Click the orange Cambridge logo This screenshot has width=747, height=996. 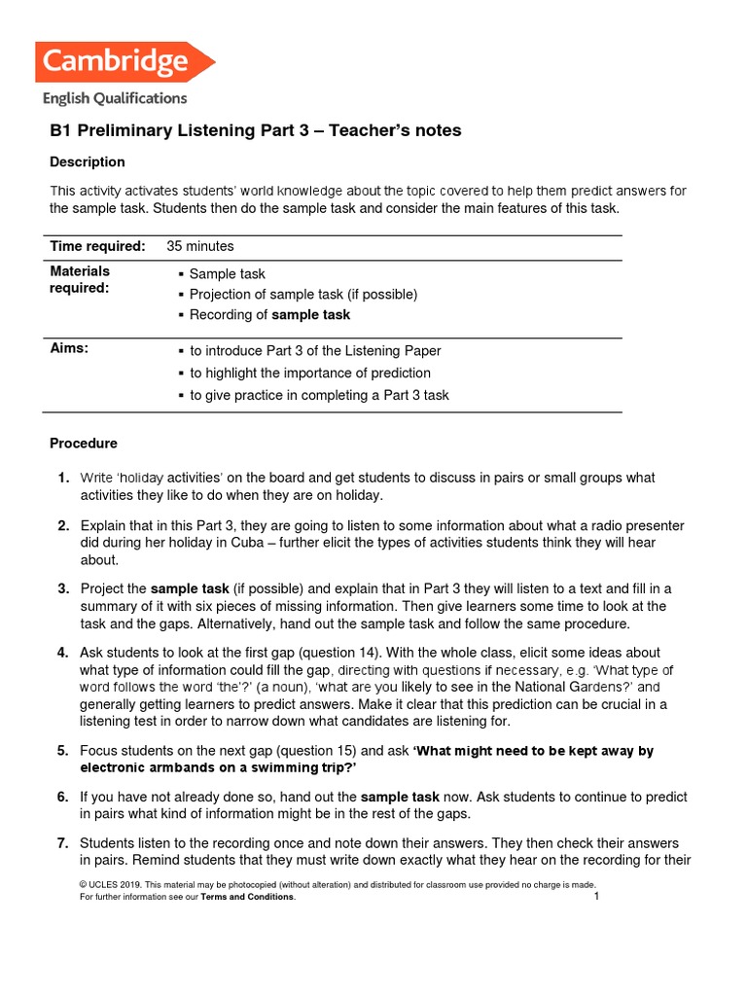coord(124,61)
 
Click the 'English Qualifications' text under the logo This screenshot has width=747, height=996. coord(114,98)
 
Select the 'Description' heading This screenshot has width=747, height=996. coord(88,161)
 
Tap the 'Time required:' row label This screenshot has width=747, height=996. coord(98,246)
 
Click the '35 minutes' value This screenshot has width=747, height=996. coord(200,246)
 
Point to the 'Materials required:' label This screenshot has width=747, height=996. coord(80,279)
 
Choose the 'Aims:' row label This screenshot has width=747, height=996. coord(69,349)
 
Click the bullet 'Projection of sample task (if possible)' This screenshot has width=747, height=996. coord(302,294)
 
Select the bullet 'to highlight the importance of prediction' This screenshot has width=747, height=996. coord(309,373)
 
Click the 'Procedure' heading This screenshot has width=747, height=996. coord(84,444)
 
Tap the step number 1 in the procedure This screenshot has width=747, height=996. coord(62,478)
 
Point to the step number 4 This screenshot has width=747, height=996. coord(62,653)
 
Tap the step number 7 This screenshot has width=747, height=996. coord(62,842)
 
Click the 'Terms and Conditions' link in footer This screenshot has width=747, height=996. coord(247,897)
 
